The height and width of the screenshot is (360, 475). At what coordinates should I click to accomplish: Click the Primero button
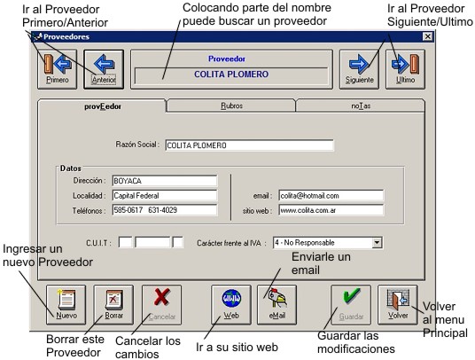coord(58,69)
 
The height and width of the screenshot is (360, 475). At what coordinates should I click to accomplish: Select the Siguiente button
coord(359,69)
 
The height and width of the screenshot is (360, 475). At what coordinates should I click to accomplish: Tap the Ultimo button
coord(405,69)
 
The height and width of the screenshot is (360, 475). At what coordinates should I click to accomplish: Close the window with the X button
coord(427,36)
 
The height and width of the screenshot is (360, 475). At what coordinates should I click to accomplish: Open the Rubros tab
coord(231,106)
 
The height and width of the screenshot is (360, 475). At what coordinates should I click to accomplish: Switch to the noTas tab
coord(361,106)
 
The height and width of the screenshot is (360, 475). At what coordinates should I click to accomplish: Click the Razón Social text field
coord(250,145)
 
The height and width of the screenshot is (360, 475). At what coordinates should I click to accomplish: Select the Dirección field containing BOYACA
coord(165,181)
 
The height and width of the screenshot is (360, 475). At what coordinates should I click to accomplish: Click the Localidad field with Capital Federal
coord(165,196)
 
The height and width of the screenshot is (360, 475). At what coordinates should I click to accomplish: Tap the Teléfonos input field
coord(165,210)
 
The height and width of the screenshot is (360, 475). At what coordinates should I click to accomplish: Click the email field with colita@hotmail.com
coord(331,196)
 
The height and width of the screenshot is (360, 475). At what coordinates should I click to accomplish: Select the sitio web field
coord(331,210)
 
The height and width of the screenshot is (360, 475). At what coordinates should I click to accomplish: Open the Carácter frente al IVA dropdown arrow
coord(377,242)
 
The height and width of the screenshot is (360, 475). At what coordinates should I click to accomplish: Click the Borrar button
coord(113,305)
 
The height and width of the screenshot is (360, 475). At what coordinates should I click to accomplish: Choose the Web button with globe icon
coord(231,305)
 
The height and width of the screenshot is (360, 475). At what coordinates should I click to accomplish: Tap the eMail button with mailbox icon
coord(276,305)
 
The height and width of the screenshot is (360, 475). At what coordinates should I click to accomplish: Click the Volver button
coord(398,305)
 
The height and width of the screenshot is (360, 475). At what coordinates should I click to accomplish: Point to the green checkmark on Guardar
coord(352,296)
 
